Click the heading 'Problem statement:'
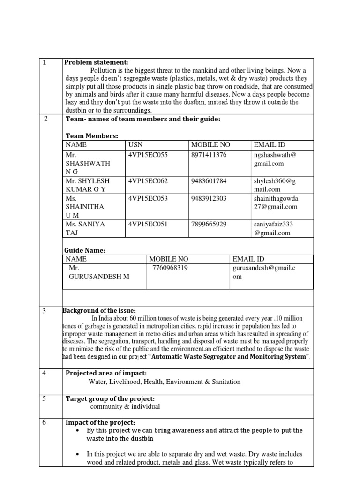96,63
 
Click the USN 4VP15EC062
148,181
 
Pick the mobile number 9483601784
209,181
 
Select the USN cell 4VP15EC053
148,198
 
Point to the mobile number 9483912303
209,198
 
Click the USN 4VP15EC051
148,224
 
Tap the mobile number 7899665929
209,224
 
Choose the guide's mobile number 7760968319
170,268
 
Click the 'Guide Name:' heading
85,250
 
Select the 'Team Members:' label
91,136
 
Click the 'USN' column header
135,145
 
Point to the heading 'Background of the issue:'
99,310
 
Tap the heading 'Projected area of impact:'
106,373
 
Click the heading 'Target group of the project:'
109,398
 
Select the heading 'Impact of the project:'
100,422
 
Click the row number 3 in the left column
45,311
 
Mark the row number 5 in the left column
45,399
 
